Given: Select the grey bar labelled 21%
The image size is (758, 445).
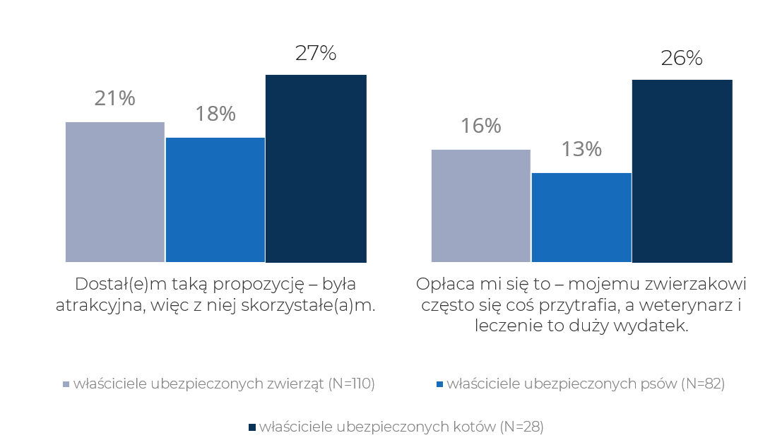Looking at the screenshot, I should (114, 191).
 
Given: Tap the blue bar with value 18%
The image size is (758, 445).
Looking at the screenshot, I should (215, 199).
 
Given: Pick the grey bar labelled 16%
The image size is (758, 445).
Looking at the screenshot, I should (480, 206).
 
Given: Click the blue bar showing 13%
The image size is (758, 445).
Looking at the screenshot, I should (581, 217).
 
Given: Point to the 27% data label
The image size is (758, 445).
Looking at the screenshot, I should (315, 54).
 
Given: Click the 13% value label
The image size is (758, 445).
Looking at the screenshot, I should (581, 149).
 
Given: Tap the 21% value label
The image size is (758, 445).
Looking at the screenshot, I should (114, 98).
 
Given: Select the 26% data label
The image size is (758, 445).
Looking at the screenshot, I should (681, 58).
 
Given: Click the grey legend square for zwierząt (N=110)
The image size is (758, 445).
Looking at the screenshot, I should (66, 384).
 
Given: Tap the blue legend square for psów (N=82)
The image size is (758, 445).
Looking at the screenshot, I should (439, 384).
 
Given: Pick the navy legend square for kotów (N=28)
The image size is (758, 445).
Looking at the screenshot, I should (252, 427).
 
